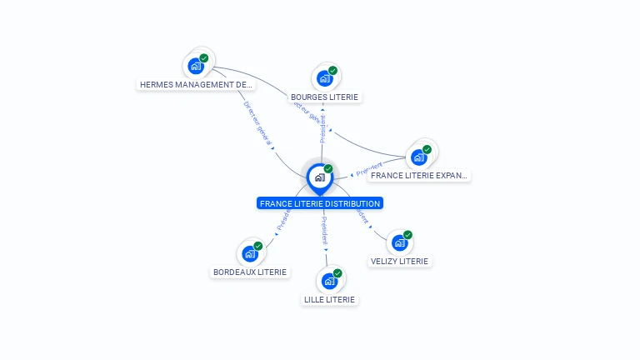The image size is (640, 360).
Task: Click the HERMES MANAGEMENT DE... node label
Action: (x=196, y=84)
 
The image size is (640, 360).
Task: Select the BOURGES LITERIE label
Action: (x=324, y=97)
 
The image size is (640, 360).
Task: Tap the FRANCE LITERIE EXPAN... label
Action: (x=419, y=176)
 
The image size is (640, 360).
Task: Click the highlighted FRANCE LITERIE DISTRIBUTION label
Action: (x=320, y=203)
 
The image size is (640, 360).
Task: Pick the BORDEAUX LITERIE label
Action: (x=250, y=272)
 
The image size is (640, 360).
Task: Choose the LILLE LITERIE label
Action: (x=329, y=299)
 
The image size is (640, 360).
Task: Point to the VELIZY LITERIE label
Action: (x=399, y=261)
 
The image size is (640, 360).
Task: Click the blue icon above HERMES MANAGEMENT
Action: (x=196, y=65)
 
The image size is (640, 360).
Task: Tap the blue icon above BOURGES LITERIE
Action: (x=324, y=77)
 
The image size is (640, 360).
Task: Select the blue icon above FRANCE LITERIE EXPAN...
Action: (x=418, y=157)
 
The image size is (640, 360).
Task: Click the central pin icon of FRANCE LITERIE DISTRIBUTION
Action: (x=319, y=177)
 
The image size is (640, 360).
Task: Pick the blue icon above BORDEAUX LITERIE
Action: (x=249, y=253)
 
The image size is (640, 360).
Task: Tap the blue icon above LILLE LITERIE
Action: (x=329, y=281)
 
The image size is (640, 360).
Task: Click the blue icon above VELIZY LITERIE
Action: (x=399, y=242)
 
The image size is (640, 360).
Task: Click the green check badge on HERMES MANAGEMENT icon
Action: (x=204, y=58)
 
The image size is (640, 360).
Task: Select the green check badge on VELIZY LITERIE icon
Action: (x=407, y=235)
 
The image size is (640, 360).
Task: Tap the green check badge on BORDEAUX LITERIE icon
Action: (x=258, y=246)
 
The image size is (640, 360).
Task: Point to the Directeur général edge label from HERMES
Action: (x=258, y=123)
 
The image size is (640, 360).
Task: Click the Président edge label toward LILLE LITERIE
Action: (x=324, y=231)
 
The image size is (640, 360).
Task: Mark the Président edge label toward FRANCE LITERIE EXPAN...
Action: (x=368, y=169)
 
